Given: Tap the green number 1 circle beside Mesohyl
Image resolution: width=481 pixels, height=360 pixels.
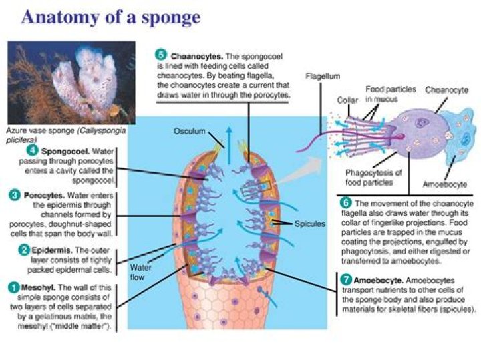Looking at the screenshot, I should [x=13, y=288].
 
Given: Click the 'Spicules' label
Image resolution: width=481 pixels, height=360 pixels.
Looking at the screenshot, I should [x=309, y=224].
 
